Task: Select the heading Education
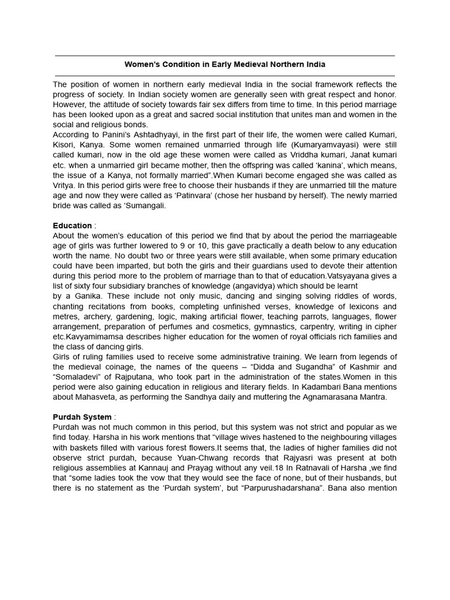(72, 225)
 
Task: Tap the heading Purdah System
(81, 417)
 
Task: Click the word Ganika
(88, 296)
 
